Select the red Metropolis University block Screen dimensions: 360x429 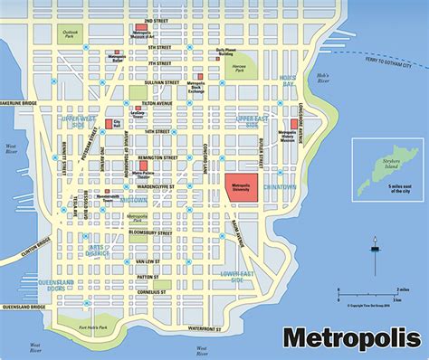click(241, 184)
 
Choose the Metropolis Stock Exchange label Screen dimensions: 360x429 click(197, 88)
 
